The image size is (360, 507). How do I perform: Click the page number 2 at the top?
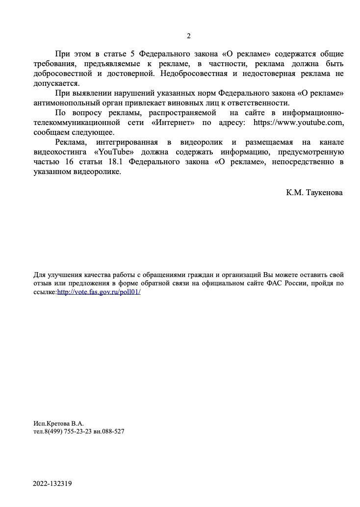(188, 36)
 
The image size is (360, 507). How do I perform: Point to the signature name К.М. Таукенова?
(314, 193)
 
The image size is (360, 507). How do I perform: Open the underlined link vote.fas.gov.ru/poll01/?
(99, 292)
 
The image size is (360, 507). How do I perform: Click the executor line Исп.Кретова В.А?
(58, 423)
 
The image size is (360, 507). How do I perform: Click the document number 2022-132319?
(52, 483)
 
